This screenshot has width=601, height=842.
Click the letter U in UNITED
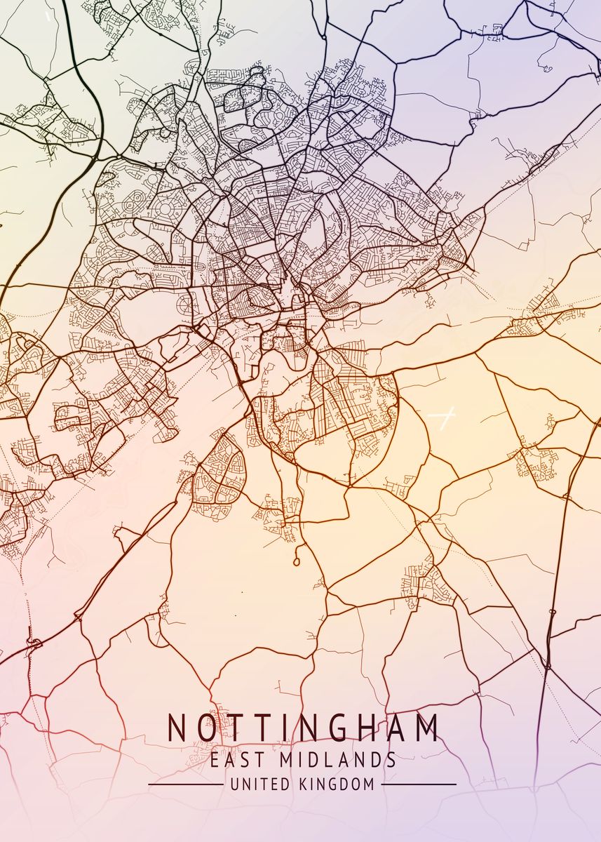click(x=234, y=784)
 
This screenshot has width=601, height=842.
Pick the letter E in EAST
click(x=215, y=760)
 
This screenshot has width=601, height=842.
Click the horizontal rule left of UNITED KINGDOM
click(x=186, y=784)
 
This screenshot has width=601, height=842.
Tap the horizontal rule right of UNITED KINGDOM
click(x=419, y=784)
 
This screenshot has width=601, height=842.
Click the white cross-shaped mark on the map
click(x=442, y=419)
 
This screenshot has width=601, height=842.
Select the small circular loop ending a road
click(x=297, y=561)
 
